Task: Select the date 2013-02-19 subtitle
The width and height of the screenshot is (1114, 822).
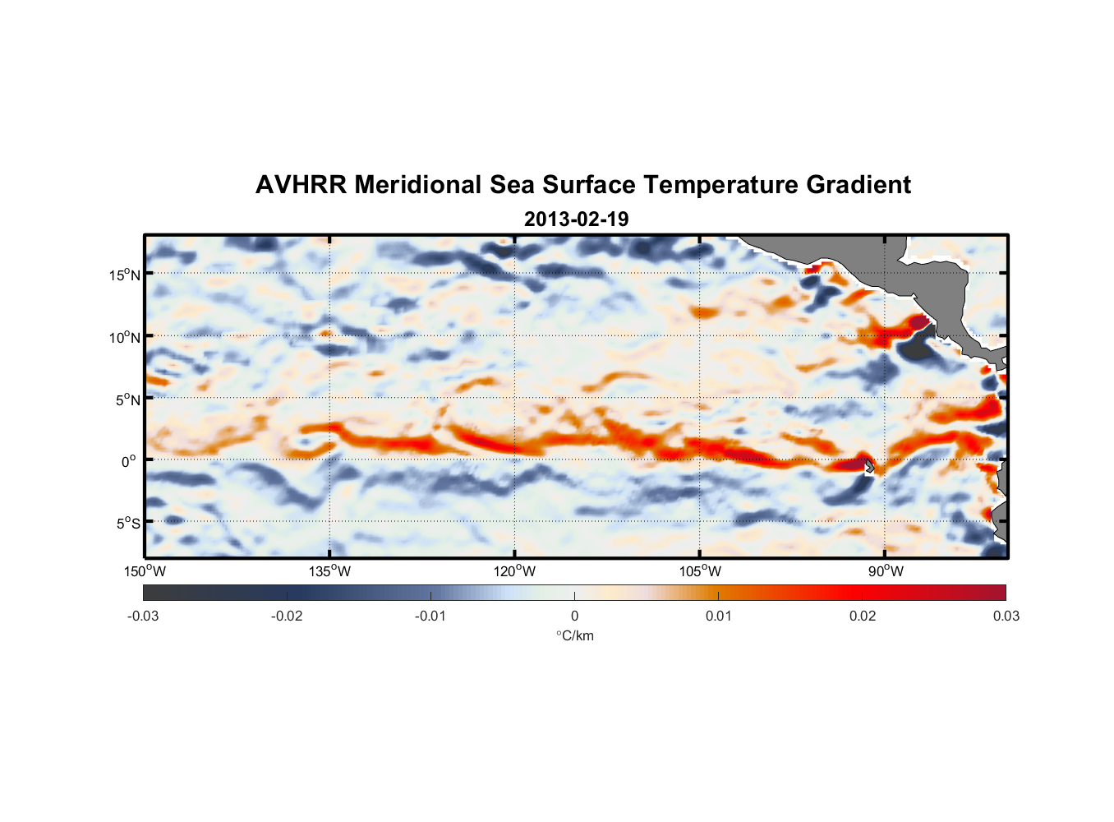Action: [x=576, y=219]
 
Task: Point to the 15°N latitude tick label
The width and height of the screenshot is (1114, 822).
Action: [x=124, y=275]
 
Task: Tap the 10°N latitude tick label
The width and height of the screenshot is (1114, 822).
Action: [x=124, y=337]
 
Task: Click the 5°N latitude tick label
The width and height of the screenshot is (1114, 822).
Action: [x=127, y=399]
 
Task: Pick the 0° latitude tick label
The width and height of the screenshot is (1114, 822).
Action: [x=128, y=461]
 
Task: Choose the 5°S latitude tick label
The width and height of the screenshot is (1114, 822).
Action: [x=127, y=524]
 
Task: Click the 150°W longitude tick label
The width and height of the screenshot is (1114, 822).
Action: [x=145, y=571]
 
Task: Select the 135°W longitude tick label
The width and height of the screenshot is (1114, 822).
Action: [x=329, y=571]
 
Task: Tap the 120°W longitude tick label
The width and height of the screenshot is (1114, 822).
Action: [x=514, y=571]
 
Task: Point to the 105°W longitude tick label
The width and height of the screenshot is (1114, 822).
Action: [x=700, y=571]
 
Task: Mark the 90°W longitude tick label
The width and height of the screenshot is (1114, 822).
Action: [x=886, y=571]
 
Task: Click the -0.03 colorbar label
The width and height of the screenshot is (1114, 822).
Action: [x=143, y=616]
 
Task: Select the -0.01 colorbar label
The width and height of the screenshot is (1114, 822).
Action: [x=430, y=616]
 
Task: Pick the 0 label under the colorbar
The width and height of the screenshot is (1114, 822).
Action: [x=574, y=616]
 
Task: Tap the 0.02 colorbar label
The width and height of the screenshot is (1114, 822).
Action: [x=863, y=616]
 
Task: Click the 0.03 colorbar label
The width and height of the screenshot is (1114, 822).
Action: [x=1006, y=616]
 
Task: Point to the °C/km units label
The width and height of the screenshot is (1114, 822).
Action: [x=575, y=635]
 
